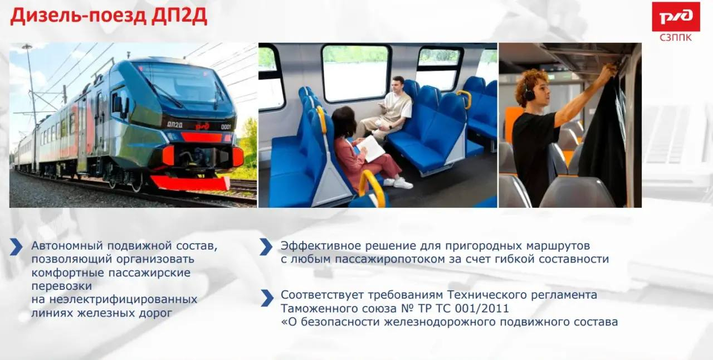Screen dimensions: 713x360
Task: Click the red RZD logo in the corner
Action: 676,17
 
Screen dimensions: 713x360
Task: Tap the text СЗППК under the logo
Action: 676,37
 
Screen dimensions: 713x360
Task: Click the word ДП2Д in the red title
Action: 179,16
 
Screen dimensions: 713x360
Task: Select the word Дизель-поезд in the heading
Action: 79,16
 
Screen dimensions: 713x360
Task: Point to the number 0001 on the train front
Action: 226,127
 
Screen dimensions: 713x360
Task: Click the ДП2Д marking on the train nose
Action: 175,125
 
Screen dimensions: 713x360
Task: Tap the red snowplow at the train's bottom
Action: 191,183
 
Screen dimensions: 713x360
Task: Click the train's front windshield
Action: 184,85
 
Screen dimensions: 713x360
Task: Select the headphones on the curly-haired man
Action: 528,93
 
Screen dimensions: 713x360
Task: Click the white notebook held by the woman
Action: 371,148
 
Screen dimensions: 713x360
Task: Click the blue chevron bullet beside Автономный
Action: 16,247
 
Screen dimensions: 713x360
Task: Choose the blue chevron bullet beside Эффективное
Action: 266,247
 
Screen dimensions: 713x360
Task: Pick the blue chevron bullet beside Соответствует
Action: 267,298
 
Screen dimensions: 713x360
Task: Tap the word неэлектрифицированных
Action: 123,300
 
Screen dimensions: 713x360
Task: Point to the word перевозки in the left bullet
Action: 62,286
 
